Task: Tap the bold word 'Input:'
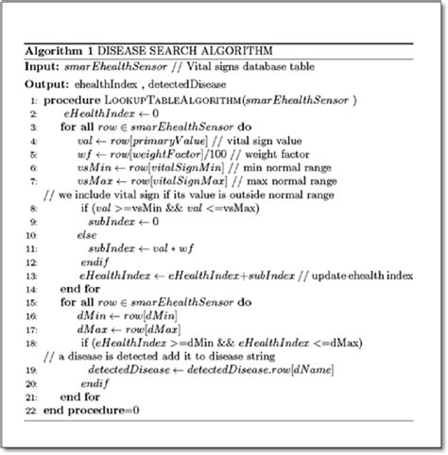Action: click(42, 66)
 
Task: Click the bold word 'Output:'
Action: click(45, 85)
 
